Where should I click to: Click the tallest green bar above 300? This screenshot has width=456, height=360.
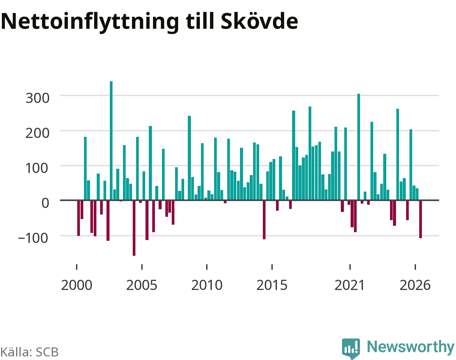pyautogui.click(x=111, y=141)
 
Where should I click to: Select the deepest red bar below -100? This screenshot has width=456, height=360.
pyautogui.click(x=134, y=228)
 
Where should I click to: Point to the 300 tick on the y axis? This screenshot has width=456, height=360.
pyautogui.click(x=37, y=98)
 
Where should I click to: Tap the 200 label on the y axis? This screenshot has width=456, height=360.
pyautogui.click(x=37, y=133)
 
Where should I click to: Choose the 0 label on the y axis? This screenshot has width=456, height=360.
pyautogui.click(x=45, y=203)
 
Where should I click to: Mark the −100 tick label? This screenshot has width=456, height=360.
pyautogui.click(x=33, y=238)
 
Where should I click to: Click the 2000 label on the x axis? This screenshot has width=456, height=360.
pyautogui.click(x=76, y=285)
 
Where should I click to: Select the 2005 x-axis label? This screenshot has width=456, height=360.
pyautogui.click(x=142, y=285)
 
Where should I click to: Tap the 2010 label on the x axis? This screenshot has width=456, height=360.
pyautogui.click(x=207, y=285)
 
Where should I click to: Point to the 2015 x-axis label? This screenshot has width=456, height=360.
pyautogui.click(x=272, y=285)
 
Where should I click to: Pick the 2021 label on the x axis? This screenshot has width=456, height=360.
pyautogui.click(x=349, y=285)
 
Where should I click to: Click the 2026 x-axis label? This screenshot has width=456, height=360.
pyautogui.click(x=415, y=285)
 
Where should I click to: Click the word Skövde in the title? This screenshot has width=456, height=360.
pyautogui.click(x=259, y=21)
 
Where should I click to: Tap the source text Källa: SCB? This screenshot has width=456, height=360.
pyautogui.click(x=29, y=352)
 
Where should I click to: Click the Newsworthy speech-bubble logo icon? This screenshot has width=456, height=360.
pyautogui.click(x=351, y=348)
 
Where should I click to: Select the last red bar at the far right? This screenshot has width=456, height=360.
pyautogui.click(x=420, y=219)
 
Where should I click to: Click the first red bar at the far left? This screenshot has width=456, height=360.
pyautogui.click(x=79, y=218)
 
